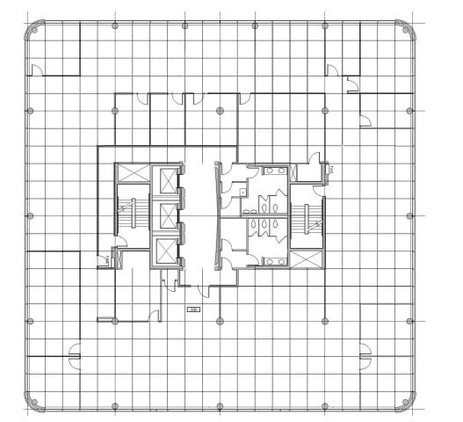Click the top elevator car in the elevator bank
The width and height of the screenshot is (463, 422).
pos(165,181)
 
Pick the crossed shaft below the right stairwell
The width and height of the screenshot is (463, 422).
pos(307,260)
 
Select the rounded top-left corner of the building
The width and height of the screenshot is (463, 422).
pos(33,29)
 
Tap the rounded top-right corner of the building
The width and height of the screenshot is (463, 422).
pos(407,29)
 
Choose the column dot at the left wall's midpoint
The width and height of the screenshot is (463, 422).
pos(30,215)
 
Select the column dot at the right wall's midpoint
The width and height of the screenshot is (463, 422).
pos(410,215)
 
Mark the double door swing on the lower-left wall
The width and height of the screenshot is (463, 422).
pos(74,355)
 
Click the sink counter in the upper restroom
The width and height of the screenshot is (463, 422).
pos(274,171)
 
